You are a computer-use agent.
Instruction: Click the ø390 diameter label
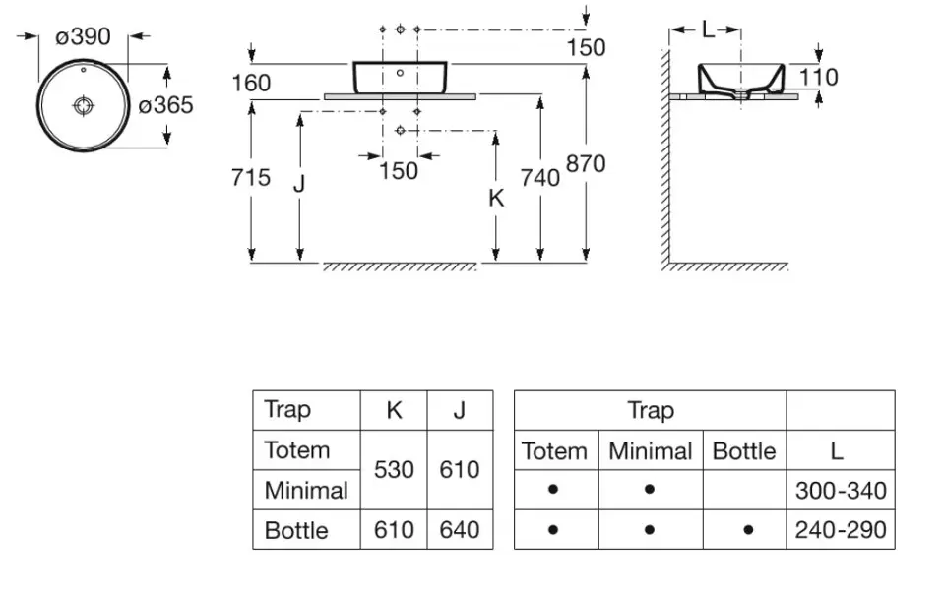[83, 37]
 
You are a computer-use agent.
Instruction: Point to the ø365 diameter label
[165, 104]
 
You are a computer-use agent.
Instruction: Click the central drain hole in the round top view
[83, 103]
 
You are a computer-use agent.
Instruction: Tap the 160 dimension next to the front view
[251, 83]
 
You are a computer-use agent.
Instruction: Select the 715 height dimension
[251, 177]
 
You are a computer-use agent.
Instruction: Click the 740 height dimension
[540, 177]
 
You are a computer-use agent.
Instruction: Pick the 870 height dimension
[586, 163]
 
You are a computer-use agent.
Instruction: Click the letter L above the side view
[707, 29]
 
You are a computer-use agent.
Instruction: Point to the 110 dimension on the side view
[818, 77]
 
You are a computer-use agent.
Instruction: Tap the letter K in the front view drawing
[496, 198]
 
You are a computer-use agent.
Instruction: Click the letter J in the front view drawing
[299, 183]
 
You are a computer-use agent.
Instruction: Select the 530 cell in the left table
[394, 470]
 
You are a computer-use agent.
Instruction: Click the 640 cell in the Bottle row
[460, 530]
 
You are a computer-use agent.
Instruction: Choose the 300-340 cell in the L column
[840, 490]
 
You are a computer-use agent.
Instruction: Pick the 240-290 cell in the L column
[840, 530]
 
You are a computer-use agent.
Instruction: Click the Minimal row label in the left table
[306, 490]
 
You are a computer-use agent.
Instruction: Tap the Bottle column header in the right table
[744, 451]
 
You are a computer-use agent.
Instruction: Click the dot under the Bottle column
[748, 530]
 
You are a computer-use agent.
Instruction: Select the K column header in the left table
[394, 410]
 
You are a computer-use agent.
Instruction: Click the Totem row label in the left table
[297, 450]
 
